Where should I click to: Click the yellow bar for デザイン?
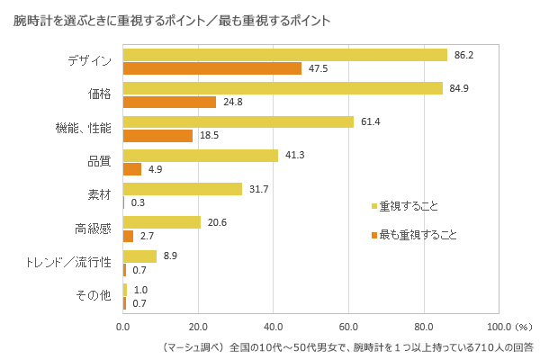click(x=284, y=55)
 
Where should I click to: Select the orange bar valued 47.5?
click(x=212, y=68)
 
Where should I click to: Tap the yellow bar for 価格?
click(x=283, y=88)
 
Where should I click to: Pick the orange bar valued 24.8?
click(x=169, y=102)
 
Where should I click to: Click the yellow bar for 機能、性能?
click(x=238, y=121)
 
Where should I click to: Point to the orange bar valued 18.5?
click(x=157, y=135)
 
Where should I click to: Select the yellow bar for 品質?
click(x=201, y=155)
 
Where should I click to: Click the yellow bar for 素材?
click(x=183, y=189)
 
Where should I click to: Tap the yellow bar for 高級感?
click(x=162, y=222)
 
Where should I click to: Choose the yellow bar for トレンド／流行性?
click(x=139, y=256)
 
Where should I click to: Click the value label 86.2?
click(x=464, y=55)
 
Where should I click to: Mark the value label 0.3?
click(x=139, y=202)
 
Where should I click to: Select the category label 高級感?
click(x=93, y=229)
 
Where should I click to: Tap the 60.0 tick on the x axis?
click(x=348, y=326)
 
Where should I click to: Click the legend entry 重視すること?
click(x=409, y=206)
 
